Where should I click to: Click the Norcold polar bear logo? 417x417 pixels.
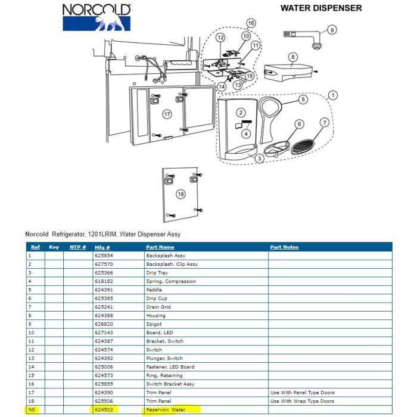click(97, 17)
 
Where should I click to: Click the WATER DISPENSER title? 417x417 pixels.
click(321, 8)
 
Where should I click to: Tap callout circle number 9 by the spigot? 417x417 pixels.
click(332, 30)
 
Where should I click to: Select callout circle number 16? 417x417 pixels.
click(251, 23)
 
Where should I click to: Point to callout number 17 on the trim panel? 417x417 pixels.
click(167, 114)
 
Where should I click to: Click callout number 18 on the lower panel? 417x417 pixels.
click(181, 194)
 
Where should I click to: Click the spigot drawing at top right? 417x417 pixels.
click(303, 39)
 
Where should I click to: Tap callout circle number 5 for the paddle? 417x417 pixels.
click(303, 99)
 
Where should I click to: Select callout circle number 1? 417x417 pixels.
click(332, 95)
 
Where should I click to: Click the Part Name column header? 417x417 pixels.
click(160, 247)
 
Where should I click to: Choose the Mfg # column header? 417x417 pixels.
click(102, 247)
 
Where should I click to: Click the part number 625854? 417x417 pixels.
click(104, 256)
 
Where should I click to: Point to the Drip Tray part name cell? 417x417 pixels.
click(157, 273)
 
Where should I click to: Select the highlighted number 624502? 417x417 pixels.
click(104, 410)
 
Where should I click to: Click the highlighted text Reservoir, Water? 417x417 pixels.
click(166, 410)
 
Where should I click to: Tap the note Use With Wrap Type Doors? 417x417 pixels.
click(302, 401)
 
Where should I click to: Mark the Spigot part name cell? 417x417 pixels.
click(154, 324)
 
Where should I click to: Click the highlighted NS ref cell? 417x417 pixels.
click(32, 410)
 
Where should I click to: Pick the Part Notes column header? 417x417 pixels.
click(284, 247)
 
